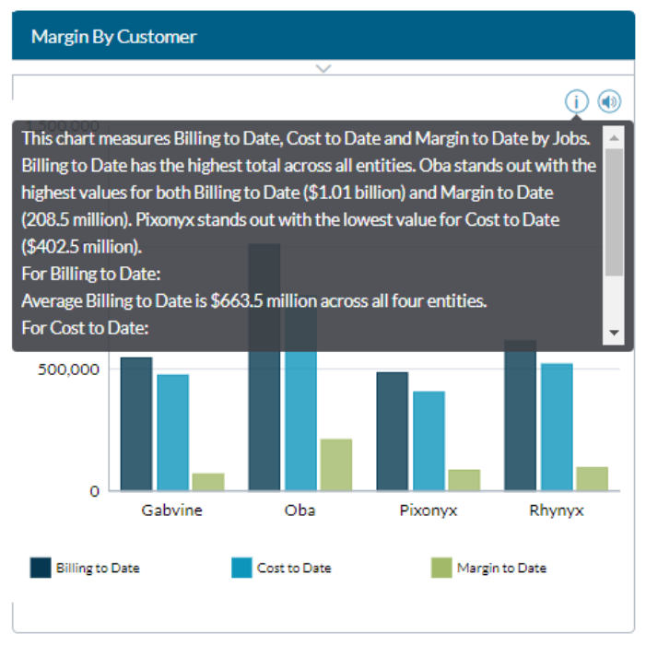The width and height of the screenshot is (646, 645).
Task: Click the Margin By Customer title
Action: [113, 37]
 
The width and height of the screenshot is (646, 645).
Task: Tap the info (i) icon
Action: [577, 101]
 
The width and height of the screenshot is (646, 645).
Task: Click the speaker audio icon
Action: [608, 101]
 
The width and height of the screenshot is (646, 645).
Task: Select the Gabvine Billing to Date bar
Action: [136, 424]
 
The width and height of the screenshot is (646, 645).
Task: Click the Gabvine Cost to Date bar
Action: [172, 432]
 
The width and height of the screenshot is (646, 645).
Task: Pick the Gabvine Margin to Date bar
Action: [208, 481]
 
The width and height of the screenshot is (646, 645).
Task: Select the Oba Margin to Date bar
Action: [336, 464]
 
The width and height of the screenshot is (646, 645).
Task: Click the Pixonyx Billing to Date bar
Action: [392, 431]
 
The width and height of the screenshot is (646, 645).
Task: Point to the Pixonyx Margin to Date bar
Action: [464, 479]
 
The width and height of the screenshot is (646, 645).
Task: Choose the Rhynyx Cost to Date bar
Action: [557, 427]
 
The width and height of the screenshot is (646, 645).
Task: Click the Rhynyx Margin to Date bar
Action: [592, 478]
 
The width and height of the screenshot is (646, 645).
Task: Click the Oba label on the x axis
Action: [300, 510]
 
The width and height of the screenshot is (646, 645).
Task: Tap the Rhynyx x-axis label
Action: [557, 510]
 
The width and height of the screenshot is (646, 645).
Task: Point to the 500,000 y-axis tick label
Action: [68, 369]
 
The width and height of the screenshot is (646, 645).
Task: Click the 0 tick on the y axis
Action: [94, 491]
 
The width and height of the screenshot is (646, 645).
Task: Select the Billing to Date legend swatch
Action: [41, 568]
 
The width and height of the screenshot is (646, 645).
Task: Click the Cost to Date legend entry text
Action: [294, 568]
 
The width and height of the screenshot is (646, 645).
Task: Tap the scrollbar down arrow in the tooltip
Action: [615, 333]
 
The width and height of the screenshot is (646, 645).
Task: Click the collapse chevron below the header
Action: [323, 68]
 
